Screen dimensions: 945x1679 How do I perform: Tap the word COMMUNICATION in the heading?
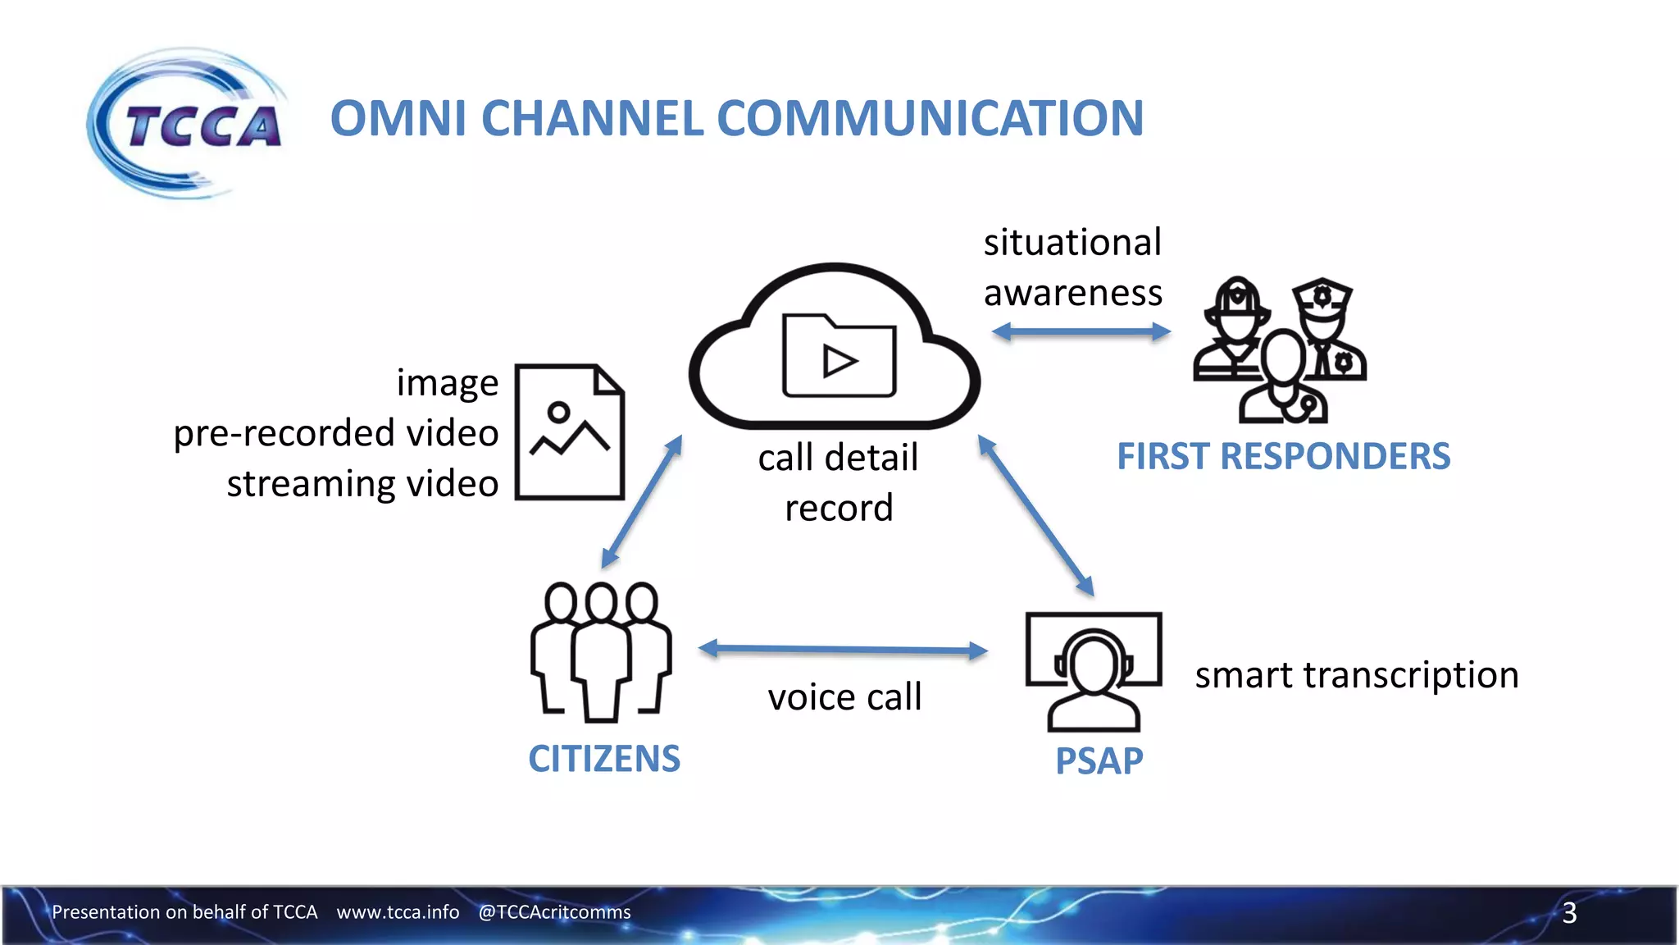pos(931,118)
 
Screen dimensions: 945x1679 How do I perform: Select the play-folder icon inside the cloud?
pos(839,356)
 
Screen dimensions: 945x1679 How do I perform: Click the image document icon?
pos(570,431)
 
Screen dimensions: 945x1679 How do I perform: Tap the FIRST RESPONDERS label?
pos(1283,456)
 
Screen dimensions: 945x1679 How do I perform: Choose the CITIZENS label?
pos(604,759)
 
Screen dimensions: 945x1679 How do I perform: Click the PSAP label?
pos(1099,761)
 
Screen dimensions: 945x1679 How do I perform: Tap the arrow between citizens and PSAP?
pos(844,650)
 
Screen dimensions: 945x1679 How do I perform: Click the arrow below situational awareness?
pos(1081,332)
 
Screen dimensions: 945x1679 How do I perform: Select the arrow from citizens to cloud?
pos(642,502)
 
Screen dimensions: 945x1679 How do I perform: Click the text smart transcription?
pos(1357,675)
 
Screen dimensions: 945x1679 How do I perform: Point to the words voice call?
pos(844,697)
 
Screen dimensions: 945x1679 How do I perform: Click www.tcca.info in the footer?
pos(398,912)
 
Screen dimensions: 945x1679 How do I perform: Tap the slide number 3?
pos(1569,913)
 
